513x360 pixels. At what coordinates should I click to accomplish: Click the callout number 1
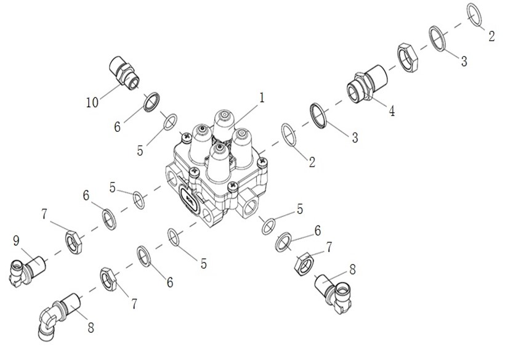point(261,97)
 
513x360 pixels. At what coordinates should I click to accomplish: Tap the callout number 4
point(392,111)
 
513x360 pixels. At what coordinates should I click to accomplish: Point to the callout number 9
point(16,241)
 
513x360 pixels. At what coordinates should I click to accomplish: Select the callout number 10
point(92,102)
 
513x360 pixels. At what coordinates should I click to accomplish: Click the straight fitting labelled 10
point(124,73)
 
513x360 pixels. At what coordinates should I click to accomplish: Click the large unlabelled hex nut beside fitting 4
point(408,57)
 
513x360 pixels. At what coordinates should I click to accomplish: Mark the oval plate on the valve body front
point(189,199)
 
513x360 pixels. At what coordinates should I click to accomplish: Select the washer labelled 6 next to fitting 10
point(151,102)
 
